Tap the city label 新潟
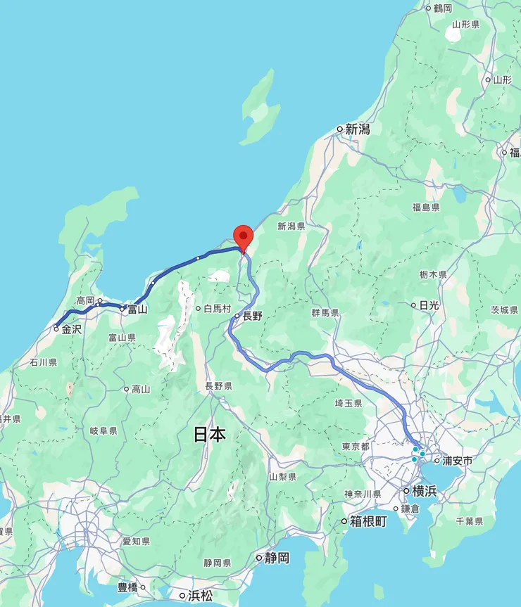tap(358, 129)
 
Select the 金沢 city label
tap(71, 328)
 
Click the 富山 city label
tap(137, 308)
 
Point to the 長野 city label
tap(252, 316)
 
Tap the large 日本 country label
tap(210, 435)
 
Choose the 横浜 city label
tap(424, 491)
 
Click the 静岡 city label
tap(277, 558)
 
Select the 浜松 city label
tap(200, 596)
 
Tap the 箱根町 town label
tap(368, 521)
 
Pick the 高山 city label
tap(141, 389)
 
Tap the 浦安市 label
tap(457, 461)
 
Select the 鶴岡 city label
tap(443, 8)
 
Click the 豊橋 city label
tap(127, 587)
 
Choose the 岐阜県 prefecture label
tap(103, 430)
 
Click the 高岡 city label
tap(85, 300)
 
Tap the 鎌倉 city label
tap(410, 508)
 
